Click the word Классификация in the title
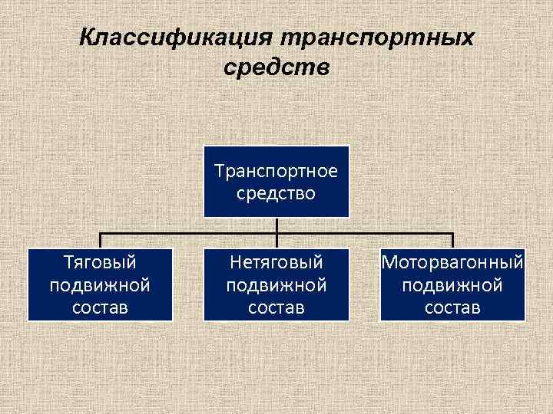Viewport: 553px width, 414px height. [176, 37]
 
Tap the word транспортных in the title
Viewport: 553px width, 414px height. [377, 37]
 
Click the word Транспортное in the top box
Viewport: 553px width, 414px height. [276, 169]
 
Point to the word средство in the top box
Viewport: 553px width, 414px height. [276, 192]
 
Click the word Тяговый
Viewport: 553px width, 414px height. [100, 263]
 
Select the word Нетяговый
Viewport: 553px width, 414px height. [276, 263]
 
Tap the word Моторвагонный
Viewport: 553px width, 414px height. [452, 263]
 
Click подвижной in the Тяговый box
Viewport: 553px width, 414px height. [100, 285]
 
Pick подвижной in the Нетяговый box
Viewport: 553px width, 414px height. [276, 285]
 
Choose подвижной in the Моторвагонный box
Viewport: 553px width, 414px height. [452, 285]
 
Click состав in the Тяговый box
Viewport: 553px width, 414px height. [100, 307]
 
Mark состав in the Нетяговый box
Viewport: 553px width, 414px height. [276, 307]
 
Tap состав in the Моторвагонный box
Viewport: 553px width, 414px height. [452, 307]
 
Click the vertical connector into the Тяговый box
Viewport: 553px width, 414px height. [100, 240]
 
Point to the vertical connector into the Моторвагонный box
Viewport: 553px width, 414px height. [452, 240]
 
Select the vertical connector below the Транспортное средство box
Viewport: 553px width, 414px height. [276, 225]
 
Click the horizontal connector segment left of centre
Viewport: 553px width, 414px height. [188, 233]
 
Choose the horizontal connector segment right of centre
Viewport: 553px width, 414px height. [365, 233]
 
